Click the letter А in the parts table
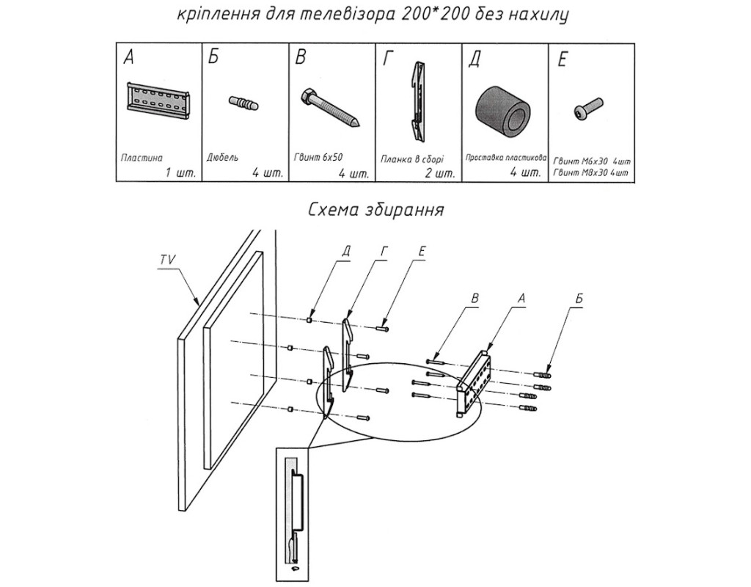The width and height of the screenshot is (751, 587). point(128,59)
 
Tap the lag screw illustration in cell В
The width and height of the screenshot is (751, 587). point(329,107)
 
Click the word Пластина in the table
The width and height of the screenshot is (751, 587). point(142,157)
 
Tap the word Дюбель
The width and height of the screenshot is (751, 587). point(224,158)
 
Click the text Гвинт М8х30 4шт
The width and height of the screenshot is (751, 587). point(593,172)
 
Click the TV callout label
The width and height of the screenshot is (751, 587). point(166,259)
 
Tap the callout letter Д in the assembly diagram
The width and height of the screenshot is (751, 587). point(345,251)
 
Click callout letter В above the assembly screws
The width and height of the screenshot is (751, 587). point(475,299)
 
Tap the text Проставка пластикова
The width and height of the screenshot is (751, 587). point(505,158)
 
